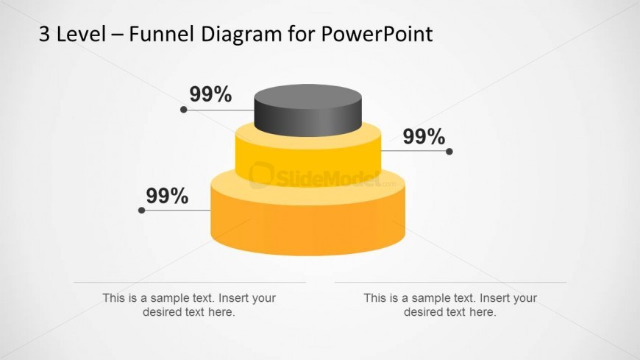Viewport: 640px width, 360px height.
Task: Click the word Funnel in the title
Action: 161,34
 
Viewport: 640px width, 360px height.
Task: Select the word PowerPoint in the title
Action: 377,34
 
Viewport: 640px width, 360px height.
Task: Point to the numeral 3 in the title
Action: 44,35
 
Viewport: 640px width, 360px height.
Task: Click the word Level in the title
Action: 81,34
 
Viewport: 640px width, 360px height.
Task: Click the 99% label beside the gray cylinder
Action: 210,94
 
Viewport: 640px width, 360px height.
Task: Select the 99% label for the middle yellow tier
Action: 424,136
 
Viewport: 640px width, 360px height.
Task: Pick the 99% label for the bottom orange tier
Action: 167,196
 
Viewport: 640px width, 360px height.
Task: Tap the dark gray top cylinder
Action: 307,110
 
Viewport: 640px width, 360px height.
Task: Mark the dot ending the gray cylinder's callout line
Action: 184,110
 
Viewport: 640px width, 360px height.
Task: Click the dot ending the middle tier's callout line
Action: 449,152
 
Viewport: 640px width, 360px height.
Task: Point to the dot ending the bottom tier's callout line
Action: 142,211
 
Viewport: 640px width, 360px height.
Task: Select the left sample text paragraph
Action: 189,305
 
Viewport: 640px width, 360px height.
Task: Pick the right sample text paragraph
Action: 450,305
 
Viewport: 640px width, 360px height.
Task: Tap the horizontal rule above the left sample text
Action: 190,283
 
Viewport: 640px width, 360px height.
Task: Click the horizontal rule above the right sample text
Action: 451,283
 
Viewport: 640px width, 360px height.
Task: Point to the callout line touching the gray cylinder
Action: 218,110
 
